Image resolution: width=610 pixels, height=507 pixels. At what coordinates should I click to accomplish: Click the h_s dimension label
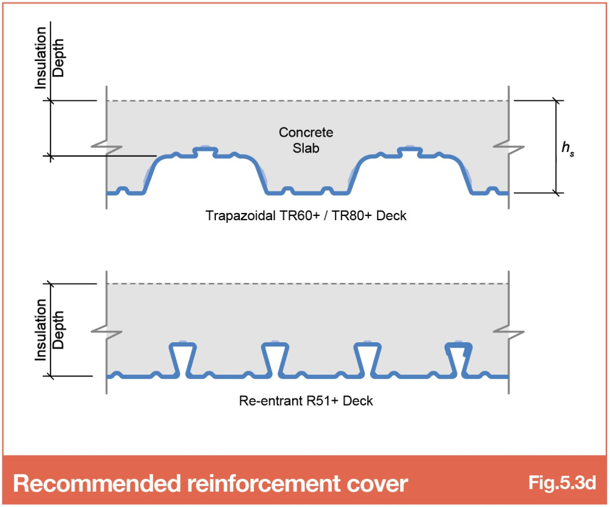[567, 148]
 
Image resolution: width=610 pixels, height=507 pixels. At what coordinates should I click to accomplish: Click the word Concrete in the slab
[306, 132]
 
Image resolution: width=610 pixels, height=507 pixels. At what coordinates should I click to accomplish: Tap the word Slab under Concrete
[306, 148]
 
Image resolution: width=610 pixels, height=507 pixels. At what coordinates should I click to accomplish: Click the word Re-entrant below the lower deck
[271, 401]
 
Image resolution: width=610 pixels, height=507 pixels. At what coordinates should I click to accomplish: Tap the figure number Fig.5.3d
[562, 483]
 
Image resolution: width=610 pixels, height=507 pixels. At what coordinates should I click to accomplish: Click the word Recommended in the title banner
[97, 483]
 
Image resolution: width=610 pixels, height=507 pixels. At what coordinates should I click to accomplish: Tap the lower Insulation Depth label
[49, 330]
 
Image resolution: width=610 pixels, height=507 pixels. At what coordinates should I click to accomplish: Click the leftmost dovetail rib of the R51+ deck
[182, 359]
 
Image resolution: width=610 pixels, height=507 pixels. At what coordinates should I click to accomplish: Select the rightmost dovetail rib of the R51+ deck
[459, 359]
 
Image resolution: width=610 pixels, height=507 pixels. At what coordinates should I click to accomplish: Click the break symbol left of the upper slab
[107, 147]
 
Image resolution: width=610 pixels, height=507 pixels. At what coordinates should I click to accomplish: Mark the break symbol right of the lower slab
[509, 332]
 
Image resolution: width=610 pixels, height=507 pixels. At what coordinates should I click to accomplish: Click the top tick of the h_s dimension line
[556, 101]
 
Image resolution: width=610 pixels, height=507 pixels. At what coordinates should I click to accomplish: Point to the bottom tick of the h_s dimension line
[556, 193]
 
